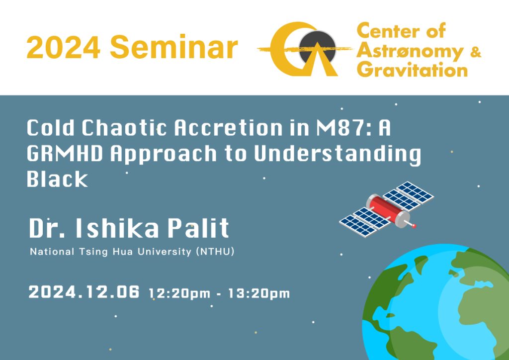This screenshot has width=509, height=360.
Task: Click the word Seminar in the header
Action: click(x=174, y=47)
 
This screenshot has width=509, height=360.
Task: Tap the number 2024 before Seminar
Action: click(x=64, y=47)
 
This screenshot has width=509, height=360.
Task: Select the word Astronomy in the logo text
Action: click(x=410, y=52)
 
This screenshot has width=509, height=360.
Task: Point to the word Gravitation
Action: click(x=412, y=70)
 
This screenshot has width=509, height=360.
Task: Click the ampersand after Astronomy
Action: click(x=475, y=51)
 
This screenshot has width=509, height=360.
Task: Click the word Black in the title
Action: click(x=57, y=179)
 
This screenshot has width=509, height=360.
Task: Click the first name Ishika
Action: click(x=117, y=229)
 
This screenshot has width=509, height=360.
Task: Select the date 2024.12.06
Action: click(x=84, y=291)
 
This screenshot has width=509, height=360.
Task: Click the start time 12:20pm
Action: click(x=179, y=294)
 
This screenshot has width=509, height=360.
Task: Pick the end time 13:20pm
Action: click(x=258, y=294)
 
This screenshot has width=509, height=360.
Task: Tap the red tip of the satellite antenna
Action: click(x=414, y=226)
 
